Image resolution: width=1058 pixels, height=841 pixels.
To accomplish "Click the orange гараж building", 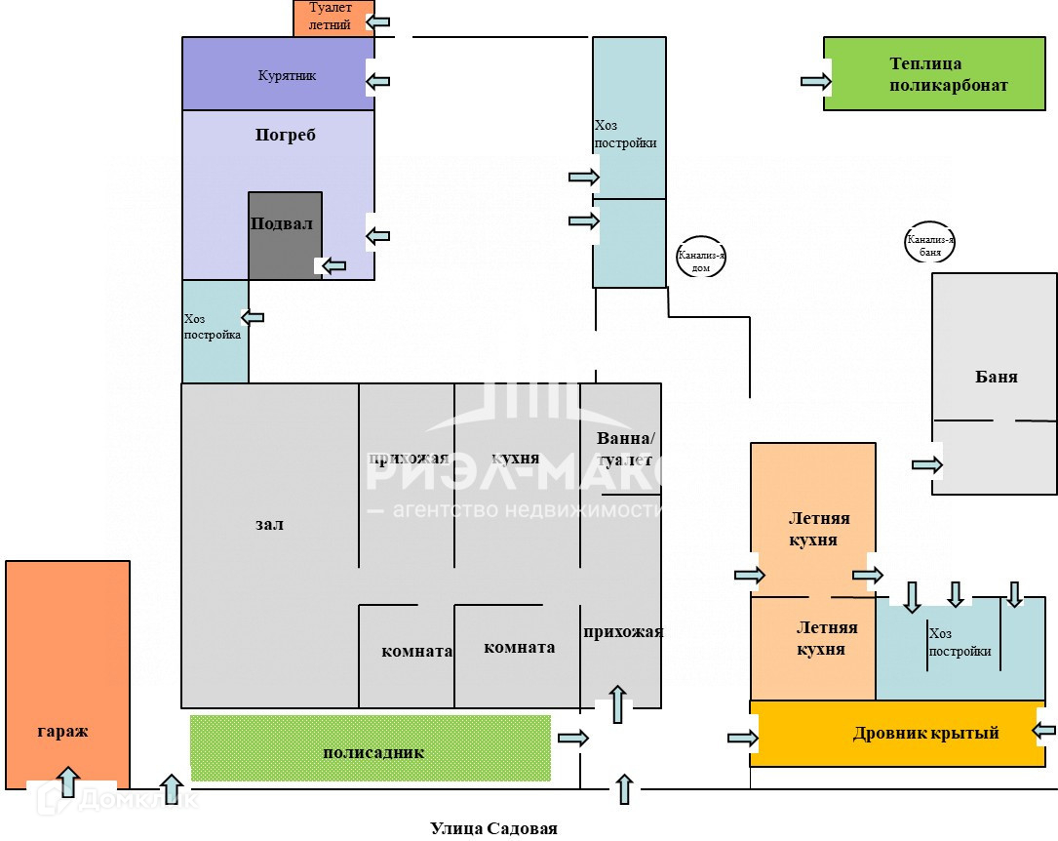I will tap(67, 673).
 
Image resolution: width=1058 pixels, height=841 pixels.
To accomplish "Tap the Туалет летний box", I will tap(333, 18).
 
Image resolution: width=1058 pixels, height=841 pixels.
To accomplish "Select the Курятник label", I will tap(287, 75).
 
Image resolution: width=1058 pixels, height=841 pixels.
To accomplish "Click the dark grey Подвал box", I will tap(285, 234).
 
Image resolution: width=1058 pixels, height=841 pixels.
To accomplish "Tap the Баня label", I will tap(996, 377).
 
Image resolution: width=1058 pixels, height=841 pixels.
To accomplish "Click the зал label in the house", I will tap(269, 524).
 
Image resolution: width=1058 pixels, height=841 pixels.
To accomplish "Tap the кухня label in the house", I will tap(516, 459).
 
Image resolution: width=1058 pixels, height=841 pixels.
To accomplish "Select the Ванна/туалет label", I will tap(626, 448).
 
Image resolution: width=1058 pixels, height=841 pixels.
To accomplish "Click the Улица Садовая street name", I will tap(493, 828).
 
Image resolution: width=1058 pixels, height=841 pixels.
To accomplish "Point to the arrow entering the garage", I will tap(67, 781).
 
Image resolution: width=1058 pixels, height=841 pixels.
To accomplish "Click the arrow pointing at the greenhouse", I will tap(815, 81).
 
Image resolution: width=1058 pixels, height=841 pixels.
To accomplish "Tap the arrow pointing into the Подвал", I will tap(333, 264).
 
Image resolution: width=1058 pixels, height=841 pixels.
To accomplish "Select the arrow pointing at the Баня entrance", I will tap(926, 464).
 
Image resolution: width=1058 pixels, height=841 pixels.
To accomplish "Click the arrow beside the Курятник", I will tap(377, 81).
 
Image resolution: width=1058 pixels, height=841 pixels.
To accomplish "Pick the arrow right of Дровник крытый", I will tap(1043, 730).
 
